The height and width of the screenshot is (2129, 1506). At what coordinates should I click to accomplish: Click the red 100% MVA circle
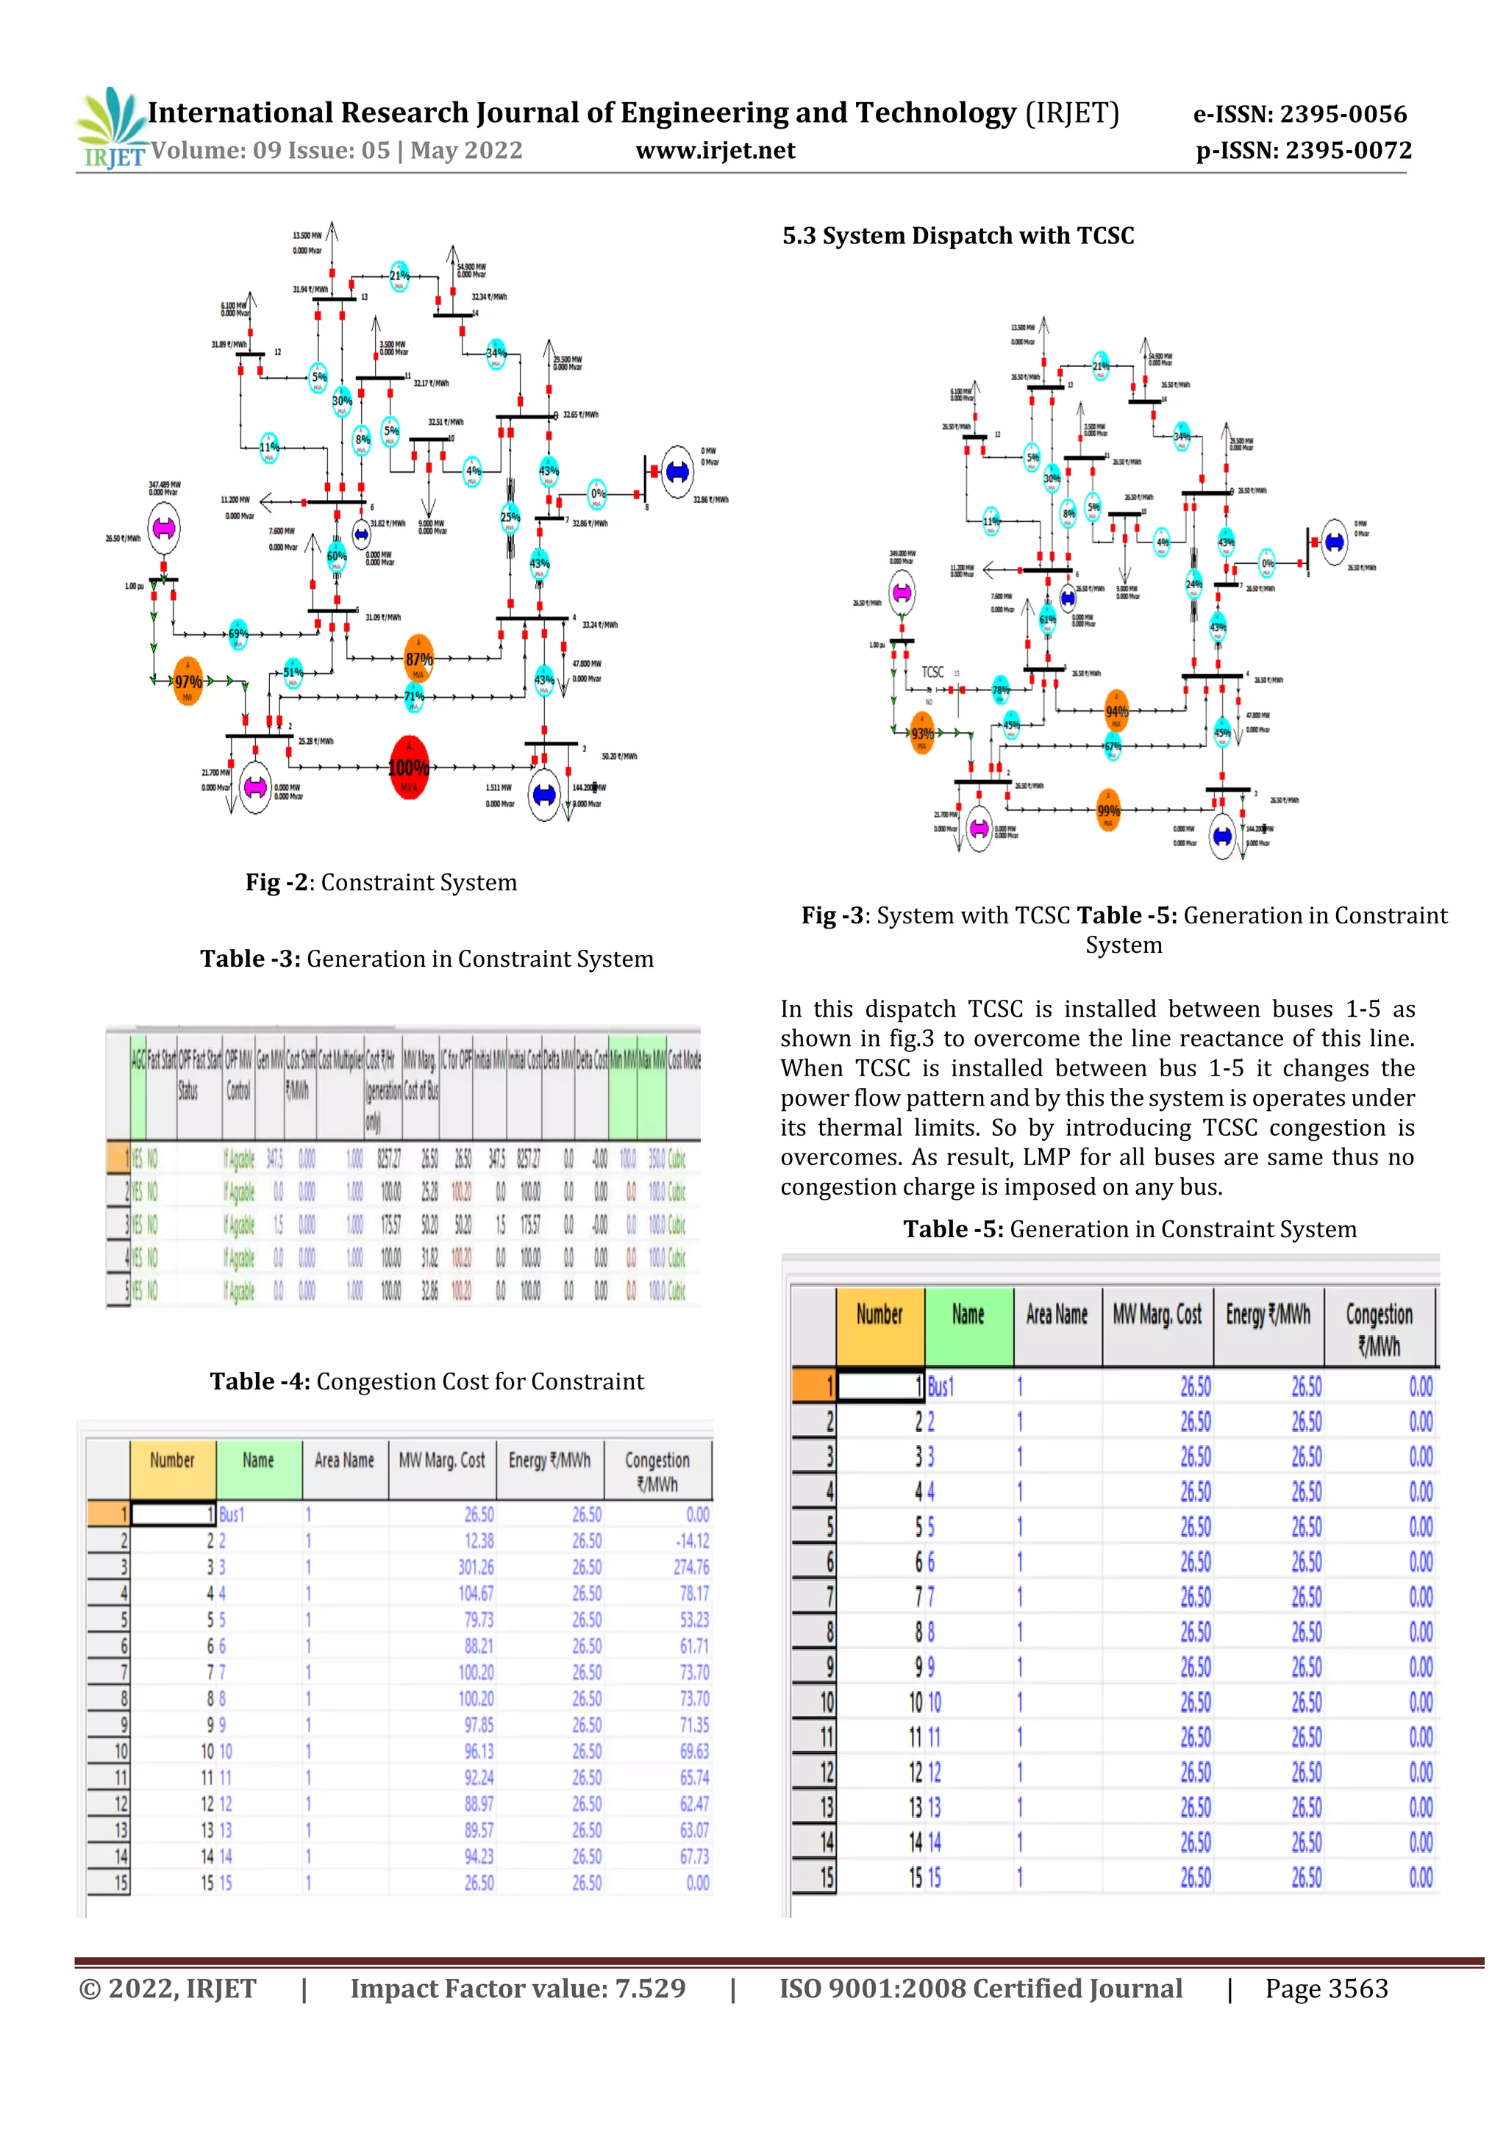pos(409,767)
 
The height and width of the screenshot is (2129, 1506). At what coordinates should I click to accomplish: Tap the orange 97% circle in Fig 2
pos(188,681)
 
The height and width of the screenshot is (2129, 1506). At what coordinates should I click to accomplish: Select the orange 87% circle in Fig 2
pos(419,659)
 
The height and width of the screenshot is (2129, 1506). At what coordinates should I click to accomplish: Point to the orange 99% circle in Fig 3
pos(1108,810)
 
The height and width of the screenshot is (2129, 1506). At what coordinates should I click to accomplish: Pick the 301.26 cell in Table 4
pos(476,1567)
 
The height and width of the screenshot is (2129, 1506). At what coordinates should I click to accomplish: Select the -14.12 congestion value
pos(693,1541)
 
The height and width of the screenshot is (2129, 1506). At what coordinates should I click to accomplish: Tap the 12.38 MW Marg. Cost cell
pos(479,1541)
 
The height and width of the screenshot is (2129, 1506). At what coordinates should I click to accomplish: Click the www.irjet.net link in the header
pos(715,150)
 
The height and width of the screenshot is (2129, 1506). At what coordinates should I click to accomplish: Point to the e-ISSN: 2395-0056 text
pos(1299,114)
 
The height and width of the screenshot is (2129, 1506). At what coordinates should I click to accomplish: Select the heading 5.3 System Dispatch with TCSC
pos(958,235)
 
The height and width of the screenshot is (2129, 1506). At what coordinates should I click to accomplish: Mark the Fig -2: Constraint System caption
pos(381,882)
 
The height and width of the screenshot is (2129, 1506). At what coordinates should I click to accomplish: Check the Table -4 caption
pos(427,1381)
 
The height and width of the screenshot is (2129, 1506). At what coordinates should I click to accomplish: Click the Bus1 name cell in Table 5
pos(941,1386)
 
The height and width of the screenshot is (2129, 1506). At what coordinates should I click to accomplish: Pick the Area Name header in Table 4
pos(344,1461)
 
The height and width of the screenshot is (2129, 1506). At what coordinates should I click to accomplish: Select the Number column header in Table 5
pos(879,1315)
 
